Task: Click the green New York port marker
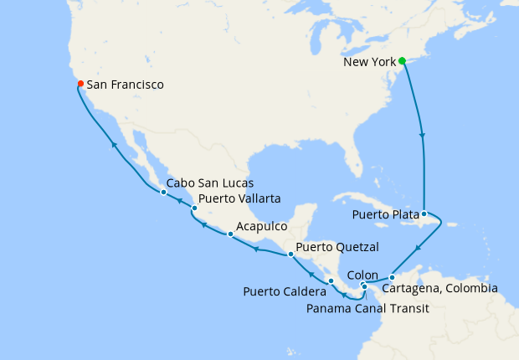coord(402,61)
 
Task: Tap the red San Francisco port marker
coord(80,84)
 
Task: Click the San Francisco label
coord(125,85)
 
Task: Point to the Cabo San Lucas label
coord(209,183)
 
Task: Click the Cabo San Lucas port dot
coord(163,193)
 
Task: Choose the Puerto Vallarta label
coord(239,198)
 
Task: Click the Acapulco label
coord(262,226)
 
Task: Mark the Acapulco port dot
coord(230,234)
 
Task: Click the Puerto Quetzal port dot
coord(290,254)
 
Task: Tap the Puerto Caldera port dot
coord(331,280)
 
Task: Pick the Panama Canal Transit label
coord(368,308)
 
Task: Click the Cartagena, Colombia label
coord(439,289)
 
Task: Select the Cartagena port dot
coord(392,277)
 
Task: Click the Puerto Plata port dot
coord(424,213)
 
